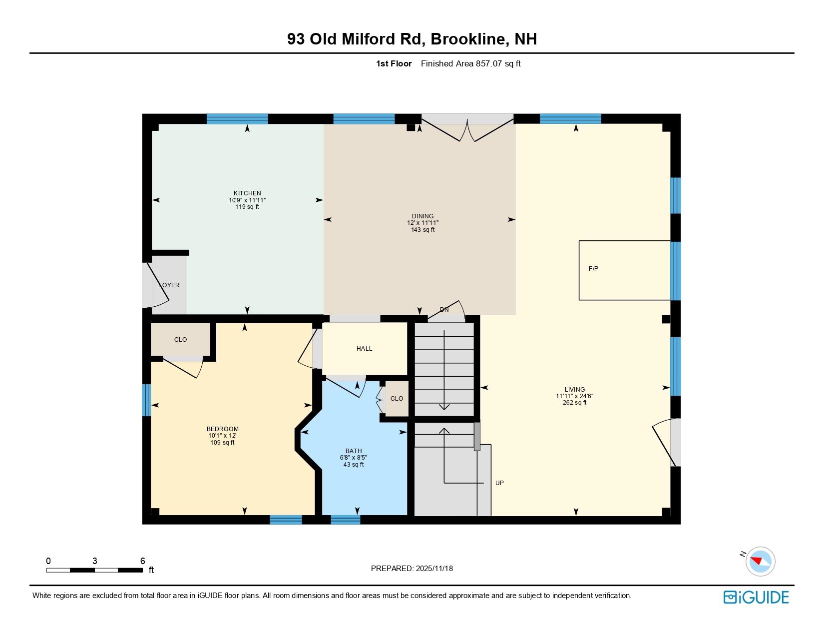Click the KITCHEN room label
247,193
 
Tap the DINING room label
422,216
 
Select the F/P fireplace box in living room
624,270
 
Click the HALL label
364,349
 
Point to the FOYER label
169,285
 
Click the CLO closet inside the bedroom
180,340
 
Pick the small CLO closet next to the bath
397,399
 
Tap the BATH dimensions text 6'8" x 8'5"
354,458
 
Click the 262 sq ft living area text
574,403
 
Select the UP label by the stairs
499,483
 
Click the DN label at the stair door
444,310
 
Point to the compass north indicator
760,561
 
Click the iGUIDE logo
756,597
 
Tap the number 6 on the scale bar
142,561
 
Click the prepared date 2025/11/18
433,569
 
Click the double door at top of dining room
467,129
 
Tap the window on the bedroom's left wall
146,400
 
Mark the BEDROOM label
222,429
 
